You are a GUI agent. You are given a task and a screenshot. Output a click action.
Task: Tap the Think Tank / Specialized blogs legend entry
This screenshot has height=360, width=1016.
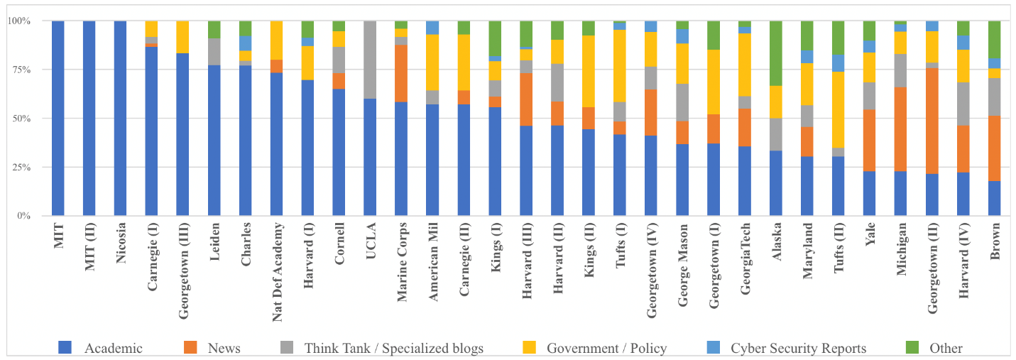pos(394,348)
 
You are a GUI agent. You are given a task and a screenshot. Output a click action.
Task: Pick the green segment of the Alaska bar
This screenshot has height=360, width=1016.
pos(776,53)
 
